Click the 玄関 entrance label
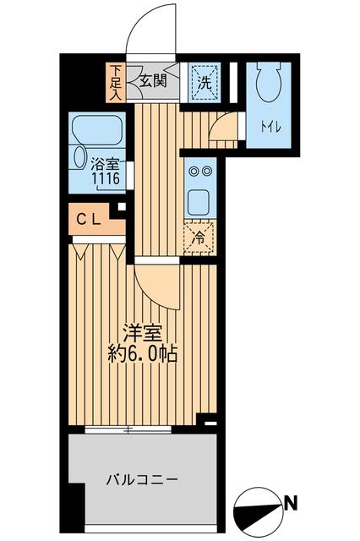[153, 82]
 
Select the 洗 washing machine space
[203, 82]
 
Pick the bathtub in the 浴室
[99, 131]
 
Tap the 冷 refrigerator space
[199, 238]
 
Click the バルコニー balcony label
[141, 480]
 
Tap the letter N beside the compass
[292, 505]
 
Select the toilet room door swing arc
[221, 125]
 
